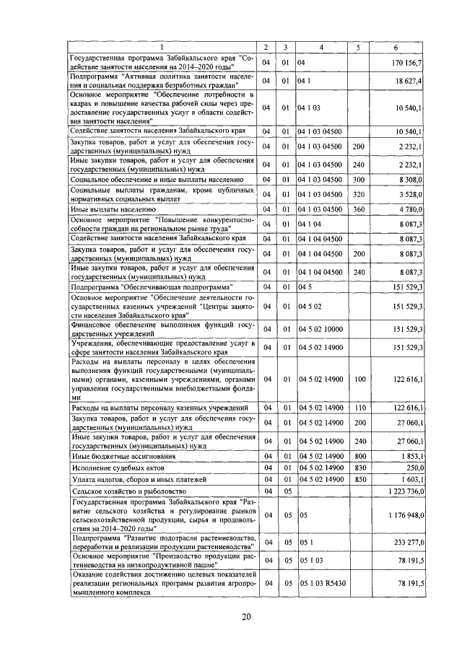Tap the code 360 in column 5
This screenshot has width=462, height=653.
pos(358,209)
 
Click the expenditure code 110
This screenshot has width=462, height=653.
pos(358,408)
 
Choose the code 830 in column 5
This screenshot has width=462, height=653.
pos(358,467)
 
